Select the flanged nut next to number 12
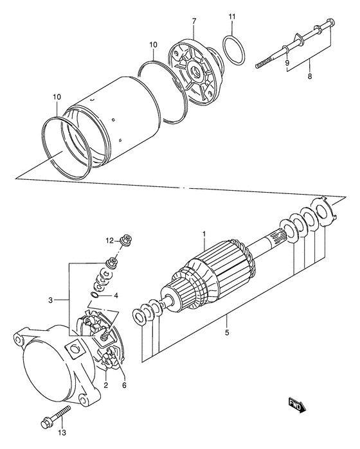tap(128, 242)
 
